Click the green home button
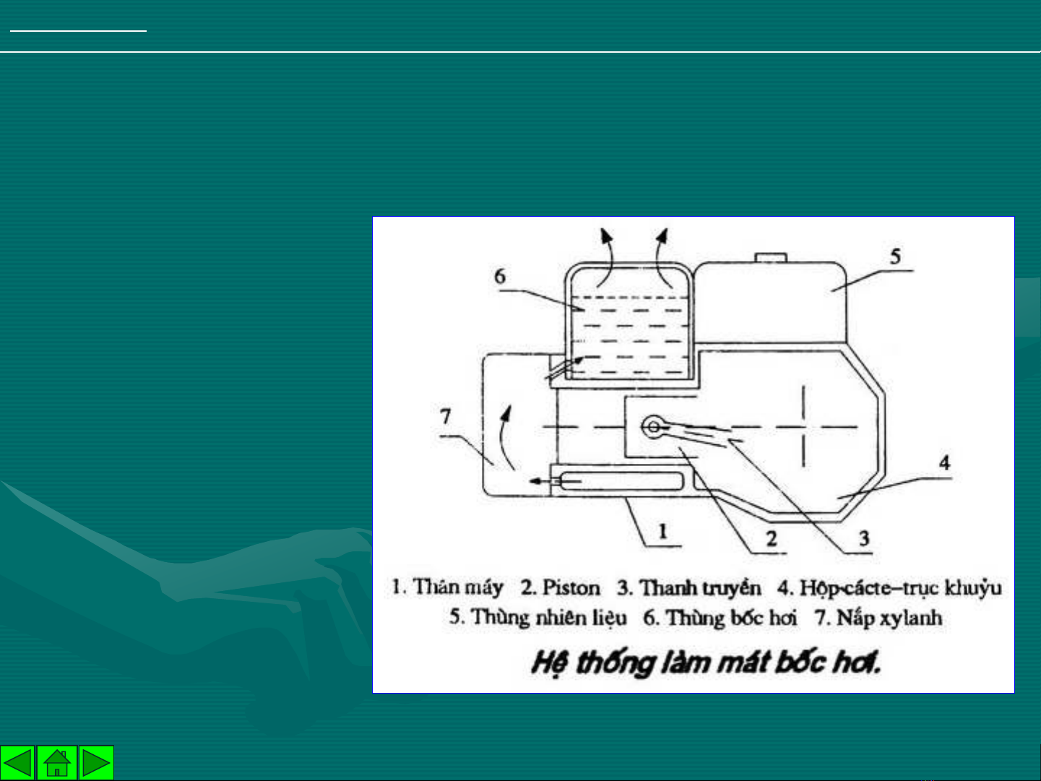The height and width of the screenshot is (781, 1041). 57,762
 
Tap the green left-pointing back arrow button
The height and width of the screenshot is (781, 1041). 17,762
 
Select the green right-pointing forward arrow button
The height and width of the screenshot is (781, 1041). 96,762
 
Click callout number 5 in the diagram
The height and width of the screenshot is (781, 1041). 895,256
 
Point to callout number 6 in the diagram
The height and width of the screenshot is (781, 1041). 500,277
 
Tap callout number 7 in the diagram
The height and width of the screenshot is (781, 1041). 445,417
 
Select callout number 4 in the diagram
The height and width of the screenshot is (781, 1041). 945,462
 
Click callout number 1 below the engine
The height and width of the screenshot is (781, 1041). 663,532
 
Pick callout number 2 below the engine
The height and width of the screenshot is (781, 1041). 772,539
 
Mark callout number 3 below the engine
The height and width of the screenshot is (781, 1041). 864,539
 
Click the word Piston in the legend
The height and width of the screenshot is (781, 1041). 571,588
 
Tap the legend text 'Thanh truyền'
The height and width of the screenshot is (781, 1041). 700,588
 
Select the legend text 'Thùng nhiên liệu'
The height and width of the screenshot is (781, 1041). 549,618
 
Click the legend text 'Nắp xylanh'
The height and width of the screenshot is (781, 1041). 889,618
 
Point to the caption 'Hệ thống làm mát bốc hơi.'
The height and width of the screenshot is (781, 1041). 706,663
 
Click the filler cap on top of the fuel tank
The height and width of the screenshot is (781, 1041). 771,257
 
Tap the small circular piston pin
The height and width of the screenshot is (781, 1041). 653,427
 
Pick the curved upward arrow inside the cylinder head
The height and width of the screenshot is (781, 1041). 503,436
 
